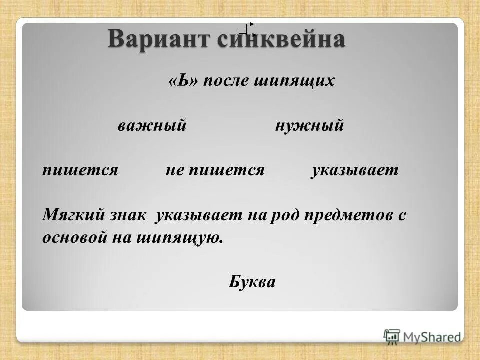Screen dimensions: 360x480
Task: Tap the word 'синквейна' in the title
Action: pyautogui.click(x=281, y=39)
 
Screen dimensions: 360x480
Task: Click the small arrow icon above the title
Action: pyautogui.click(x=247, y=30)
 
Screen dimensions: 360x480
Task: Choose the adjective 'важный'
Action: pyautogui.click(x=152, y=126)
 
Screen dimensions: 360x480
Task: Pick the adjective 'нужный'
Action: pyautogui.click(x=309, y=126)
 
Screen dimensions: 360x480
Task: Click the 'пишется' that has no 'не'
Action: pyautogui.click(x=80, y=170)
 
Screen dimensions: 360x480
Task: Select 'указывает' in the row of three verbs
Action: pyautogui.click(x=355, y=170)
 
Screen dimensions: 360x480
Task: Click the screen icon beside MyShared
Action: pyautogui.click(x=392, y=336)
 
